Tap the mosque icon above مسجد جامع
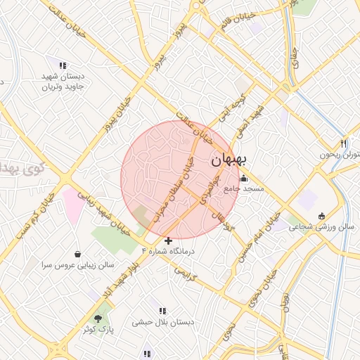coord(244,178)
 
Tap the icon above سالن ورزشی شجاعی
coord(322,216)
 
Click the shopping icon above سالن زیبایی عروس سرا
coord(77,254)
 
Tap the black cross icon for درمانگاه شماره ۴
coord(168,240)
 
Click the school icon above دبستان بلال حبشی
coord(162,311)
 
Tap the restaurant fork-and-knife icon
coord(343,143)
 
